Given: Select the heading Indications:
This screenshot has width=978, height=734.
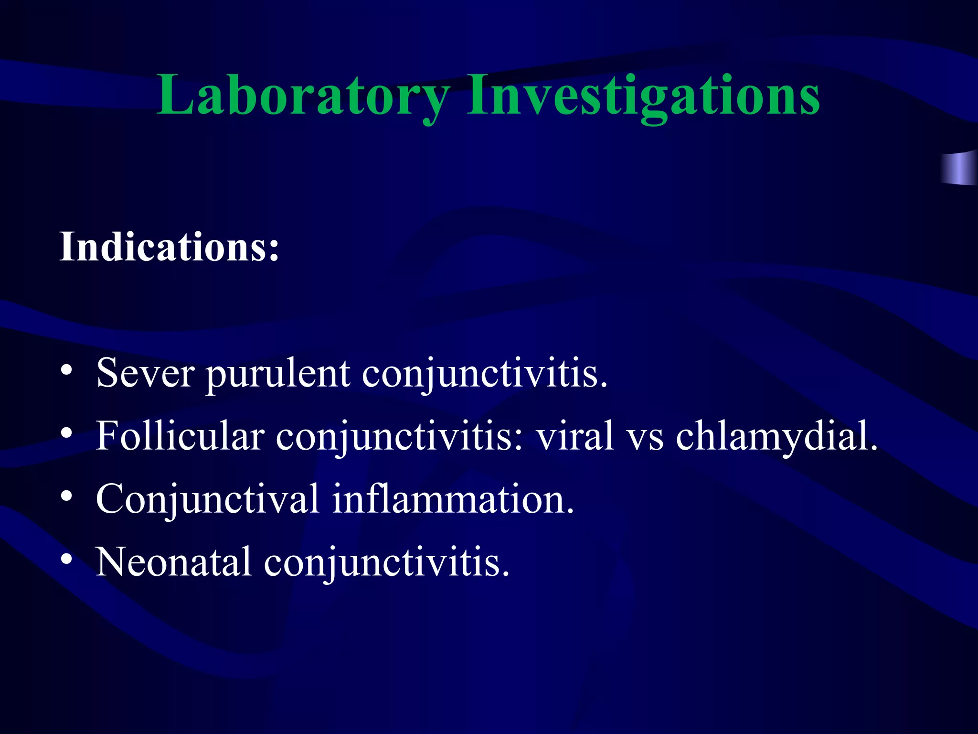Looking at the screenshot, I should (x=169, y=247).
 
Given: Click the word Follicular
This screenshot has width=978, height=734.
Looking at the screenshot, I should (x=180, y=436).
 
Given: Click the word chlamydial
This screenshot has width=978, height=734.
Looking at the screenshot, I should (x=776, y=436).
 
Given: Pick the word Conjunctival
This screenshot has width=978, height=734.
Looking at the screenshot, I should (x=208, y=499).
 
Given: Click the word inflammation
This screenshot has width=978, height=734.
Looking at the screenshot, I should (x=453, y=499).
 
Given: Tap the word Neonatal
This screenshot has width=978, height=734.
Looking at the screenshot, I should (x=174, y=562).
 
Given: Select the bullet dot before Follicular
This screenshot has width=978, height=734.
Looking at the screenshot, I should (x=66, y=433).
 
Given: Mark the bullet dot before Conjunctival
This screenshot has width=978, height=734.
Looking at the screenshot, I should (x=66, y=497).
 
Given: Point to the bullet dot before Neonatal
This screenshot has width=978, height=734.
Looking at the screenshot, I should (x=66, y=559).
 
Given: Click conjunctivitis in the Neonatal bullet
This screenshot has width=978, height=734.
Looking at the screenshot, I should (x=387, y=562).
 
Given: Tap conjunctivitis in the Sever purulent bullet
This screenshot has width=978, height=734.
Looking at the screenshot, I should (x=485, y=373).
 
